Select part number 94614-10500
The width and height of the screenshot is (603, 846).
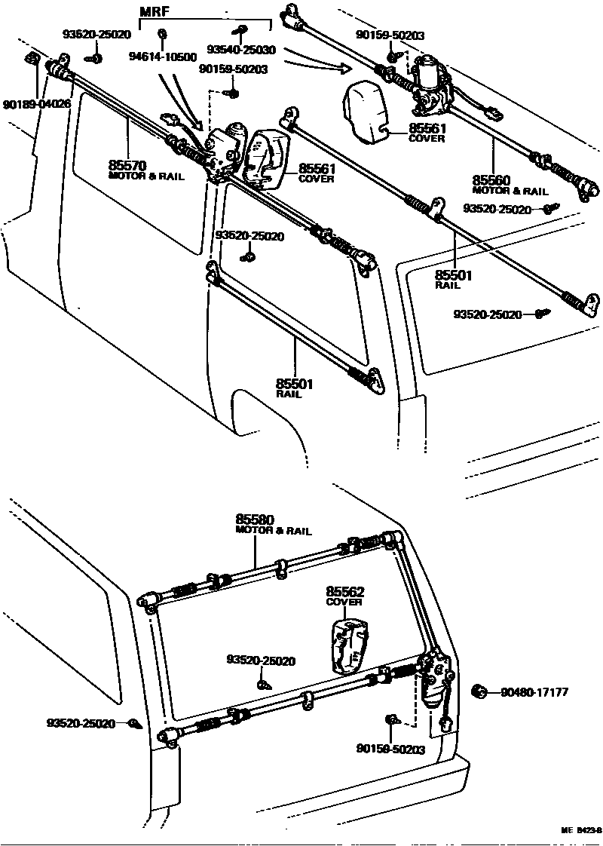162,57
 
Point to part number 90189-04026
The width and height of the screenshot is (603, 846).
35,103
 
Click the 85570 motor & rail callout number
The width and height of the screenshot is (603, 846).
127,164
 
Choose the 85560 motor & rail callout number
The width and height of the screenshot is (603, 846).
492,180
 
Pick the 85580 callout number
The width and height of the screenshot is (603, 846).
255,520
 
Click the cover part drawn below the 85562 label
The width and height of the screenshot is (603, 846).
348,646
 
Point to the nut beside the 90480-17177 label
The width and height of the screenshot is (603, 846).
478,691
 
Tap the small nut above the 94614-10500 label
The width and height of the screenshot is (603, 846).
162,33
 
